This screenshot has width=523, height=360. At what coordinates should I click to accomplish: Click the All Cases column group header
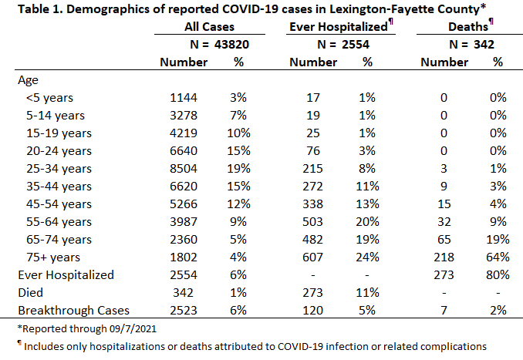[x=210, y=27]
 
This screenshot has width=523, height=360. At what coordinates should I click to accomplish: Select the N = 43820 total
[x=220, y=45]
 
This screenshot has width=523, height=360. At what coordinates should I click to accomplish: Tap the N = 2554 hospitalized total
[x=343, y=45]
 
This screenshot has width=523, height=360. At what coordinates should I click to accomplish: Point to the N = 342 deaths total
[x=471, y=45]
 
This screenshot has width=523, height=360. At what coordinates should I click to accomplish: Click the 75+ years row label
[x=53, y=257]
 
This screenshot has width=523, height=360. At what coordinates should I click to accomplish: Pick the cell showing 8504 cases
[x=184, y=169]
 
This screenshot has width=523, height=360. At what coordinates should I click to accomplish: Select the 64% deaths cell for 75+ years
[x=498, y=257]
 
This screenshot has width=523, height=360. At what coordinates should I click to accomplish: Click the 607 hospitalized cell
[x=312, y=257]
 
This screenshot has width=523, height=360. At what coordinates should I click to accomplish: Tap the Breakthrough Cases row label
[x=73, y=311]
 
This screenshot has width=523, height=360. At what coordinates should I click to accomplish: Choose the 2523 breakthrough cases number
[x=184, y=311]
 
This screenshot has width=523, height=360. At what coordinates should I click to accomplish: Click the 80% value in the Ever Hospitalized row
[x=498, y=275]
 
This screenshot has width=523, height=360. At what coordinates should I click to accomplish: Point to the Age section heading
[x=28, y=80]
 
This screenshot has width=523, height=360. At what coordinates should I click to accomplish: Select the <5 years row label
[x=49, y=98]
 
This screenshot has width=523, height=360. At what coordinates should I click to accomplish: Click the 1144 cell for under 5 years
[x=184, y=98]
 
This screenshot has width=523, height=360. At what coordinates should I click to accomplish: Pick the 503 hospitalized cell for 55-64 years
[x=312, y=222]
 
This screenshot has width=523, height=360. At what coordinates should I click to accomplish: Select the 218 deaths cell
[x=444, y=257]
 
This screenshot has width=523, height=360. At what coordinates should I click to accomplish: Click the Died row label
[x=30, y=293]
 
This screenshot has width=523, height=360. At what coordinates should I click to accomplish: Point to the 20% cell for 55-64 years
[x=367, y=222]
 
